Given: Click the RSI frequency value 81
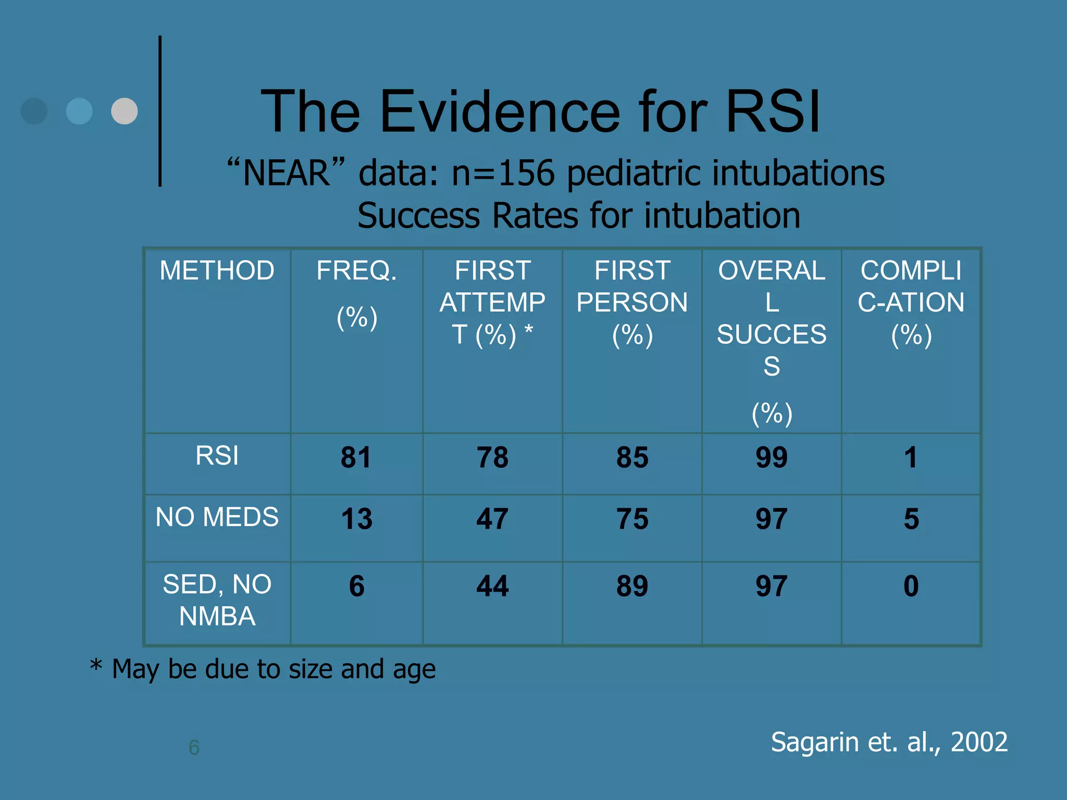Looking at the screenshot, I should tap(356, 458).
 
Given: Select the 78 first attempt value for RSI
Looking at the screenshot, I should tap(492, 458).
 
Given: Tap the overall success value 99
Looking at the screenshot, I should tap(772, 458).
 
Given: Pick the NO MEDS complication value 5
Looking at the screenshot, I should tap(911, 519).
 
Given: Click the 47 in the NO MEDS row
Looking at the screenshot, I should tap(492, 519).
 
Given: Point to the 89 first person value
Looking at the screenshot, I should tap(632, 586).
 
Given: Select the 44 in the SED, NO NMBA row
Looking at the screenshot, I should tap(492, 586).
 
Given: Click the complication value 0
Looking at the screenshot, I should tap(911, 586).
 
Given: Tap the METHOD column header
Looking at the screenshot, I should tap(217, 271).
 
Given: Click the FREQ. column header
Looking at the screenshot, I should tap(356, 271).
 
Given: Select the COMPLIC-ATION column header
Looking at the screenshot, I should tap(911, 302).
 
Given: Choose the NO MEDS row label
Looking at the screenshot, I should tap(217, 517).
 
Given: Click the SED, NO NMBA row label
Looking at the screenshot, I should tap(217, 600).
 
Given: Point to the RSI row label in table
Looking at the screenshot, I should tap(217, 456).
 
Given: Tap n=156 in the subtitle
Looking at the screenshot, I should tap(503, 173).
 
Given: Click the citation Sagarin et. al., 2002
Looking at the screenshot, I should tap(889, 742).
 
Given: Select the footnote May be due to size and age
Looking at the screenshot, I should tap(274, 669).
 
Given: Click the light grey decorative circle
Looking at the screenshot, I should tap(125, 111).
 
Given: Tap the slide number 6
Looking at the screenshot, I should tap(194, 747).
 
